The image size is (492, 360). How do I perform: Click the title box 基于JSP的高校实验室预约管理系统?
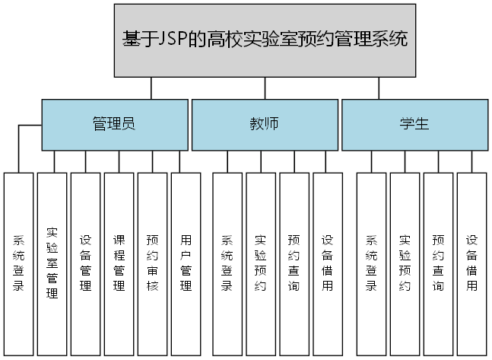point(265,40)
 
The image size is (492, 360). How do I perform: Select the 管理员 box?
point(113,125)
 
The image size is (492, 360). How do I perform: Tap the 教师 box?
point(264,125)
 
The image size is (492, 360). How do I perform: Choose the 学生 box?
point(414,125)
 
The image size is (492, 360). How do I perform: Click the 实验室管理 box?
point(52,263)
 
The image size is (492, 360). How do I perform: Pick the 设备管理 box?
point(85,263)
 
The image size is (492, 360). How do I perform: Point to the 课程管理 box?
point(119,263)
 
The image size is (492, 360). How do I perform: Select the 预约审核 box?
point(152,263)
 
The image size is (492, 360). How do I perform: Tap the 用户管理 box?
point(186,263)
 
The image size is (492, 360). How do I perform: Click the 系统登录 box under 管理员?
point(18,263)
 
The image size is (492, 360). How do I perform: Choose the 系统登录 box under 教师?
point(227,263)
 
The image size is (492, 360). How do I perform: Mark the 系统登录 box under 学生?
point(371,263)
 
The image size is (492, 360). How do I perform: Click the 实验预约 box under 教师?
point(261,263)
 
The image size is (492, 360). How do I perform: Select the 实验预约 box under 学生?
point(405,263)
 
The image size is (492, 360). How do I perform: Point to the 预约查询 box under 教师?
point(294,263)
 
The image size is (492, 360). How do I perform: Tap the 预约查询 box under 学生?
point(438,263)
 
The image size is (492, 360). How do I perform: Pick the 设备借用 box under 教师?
point(328,263)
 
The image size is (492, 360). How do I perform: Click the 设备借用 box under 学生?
point(471,263)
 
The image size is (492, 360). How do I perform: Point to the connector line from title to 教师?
point(265,88)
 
